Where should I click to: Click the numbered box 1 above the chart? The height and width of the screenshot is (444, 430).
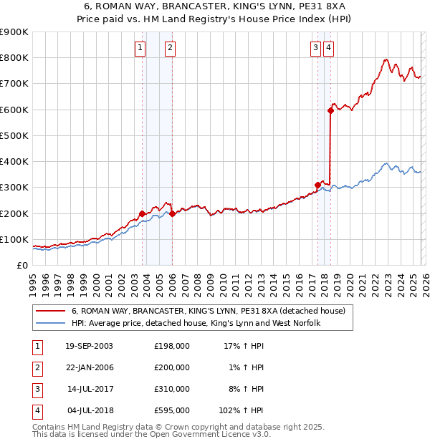pyautogui.click(x=140, y=49)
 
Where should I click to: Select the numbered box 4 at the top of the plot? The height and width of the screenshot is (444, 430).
pyautogui.click(x=328, y=49)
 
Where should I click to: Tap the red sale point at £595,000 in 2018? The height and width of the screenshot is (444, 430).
pyautogui.click(x=330, y=110)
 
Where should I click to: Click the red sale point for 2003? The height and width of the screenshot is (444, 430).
pyautogui.click(x=143, y=213)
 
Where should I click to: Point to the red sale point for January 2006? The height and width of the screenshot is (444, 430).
pyautogui.click(x=172, y=213)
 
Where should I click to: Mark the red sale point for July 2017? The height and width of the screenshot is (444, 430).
pyautogui.click(x=317, y=185)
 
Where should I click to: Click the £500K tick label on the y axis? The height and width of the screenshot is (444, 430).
pyautogui.click(x=14, y=135)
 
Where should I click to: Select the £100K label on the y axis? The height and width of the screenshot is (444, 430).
pyautogui.click(x=14, y=239)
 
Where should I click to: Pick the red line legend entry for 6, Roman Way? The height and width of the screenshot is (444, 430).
pyautogui.click(x=208, y=312)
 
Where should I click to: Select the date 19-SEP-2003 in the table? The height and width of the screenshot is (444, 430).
pyautogui.click(x=89, y=346)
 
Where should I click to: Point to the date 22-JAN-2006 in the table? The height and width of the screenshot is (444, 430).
pyautogui.click(x=89, y=367)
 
